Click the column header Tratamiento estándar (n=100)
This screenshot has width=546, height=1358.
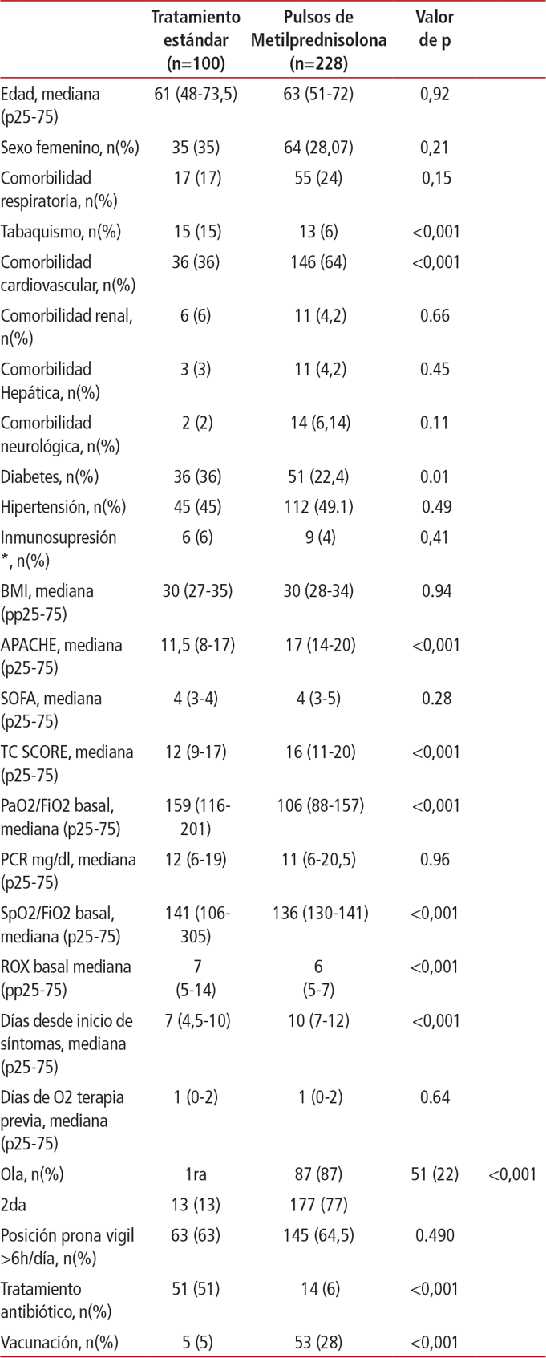[196, 39]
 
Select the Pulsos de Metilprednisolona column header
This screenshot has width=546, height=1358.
[318, 39]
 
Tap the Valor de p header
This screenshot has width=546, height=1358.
[435, 28]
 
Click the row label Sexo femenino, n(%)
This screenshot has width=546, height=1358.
[70, 148]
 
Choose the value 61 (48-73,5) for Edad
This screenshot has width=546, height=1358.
[196, 94]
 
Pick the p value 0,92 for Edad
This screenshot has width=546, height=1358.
[435, 94]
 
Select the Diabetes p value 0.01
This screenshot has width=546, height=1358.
[435, 476]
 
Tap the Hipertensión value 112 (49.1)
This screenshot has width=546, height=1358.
[318, 507]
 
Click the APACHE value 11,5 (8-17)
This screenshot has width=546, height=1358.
[196, 645]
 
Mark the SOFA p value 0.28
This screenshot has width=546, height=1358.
[435, 699]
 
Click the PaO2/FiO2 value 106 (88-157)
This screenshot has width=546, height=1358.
[318, 805]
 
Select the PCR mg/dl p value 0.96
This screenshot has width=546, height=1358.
[435, 859]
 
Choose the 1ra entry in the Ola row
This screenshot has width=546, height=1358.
[196, 1174]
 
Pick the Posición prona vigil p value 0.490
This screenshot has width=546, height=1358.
[435, 1235]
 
